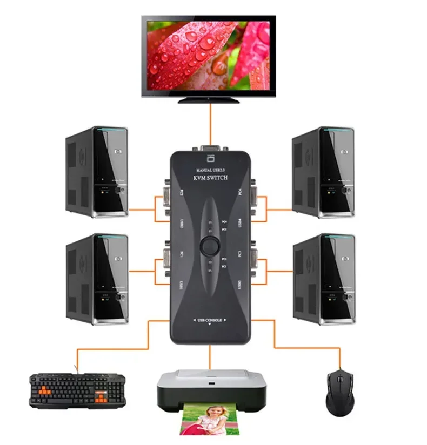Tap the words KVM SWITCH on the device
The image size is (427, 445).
209,178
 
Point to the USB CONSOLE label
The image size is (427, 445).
209,320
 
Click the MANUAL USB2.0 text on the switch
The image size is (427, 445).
208,170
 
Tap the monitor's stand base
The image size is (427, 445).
208,99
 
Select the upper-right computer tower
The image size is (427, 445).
323,172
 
